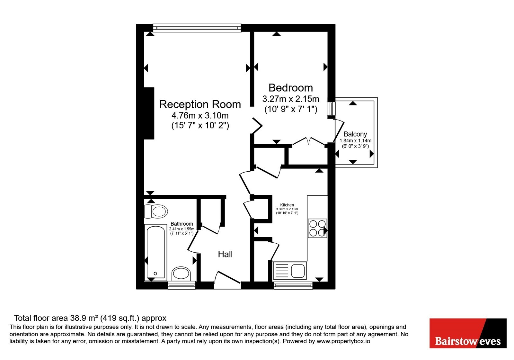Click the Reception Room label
pyautogui.click(x=200, y=104)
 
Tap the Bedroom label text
pyautogui.click(x=290, y=88)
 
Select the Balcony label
pyautogui.click(x=355, y=134)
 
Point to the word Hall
pyautogui.click(x=225, y=254)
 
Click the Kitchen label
pyautogui.click(x=287, y=205)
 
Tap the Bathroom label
pyautogui.click(x=182, y=224)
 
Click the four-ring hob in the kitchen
pyautogui.click(x=317, y=228)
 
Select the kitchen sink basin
pyautogui.click(x=298, y=271)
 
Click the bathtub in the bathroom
pyautogui.click(x=155, y=253)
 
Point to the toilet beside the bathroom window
pyautogui.click(x=181, y=274)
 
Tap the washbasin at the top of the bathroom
pyautogui.click(x=156, y=211)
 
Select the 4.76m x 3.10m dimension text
pyautogui.click(x=200, y=115)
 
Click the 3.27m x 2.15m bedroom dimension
pyautogui.click(x=291, y=99)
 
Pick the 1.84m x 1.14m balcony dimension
pyautogui.click(x=355, y=141)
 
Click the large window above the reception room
pyautogui.click(x=197, y=28)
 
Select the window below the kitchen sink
pyautogui.click(x=293, y=285)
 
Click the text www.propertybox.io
pyautogui.click(x=343, y=341)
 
